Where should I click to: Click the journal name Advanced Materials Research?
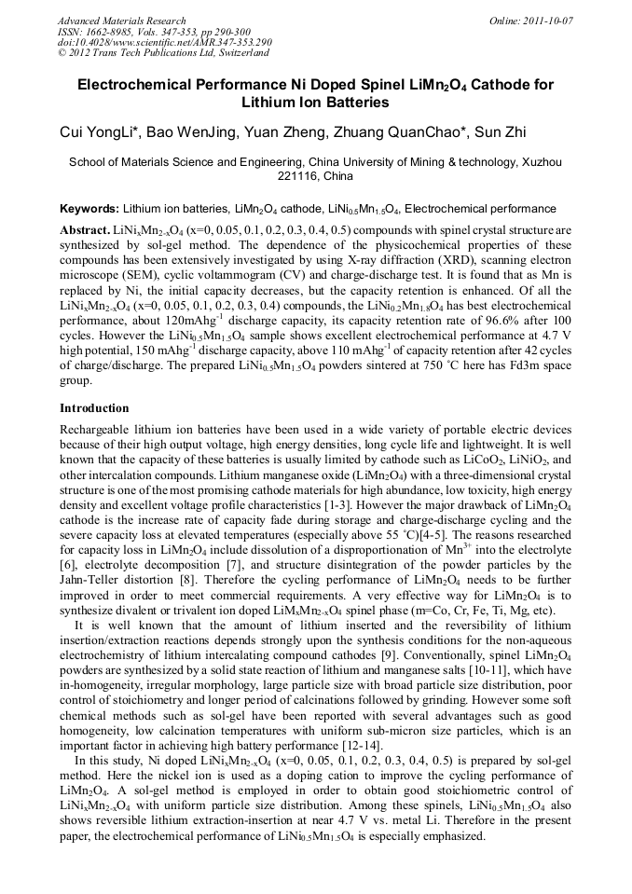(x=121, y=21)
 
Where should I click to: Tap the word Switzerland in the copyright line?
(x=238, y=53)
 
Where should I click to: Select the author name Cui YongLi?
(x=97, y=133)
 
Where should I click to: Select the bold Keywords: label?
(x=89, y=209)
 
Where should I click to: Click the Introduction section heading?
(x=94, y=408)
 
